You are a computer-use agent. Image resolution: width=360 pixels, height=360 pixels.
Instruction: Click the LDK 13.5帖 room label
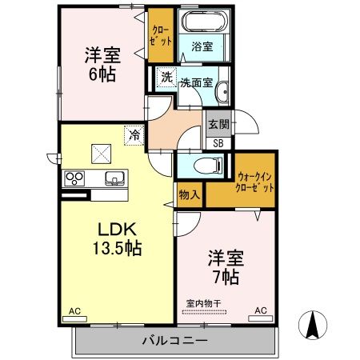click(x=115, y=238)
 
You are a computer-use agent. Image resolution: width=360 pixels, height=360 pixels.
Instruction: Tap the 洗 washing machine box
click(x=166, y=78)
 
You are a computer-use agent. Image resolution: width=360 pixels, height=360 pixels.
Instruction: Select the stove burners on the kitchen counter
click(x=74, y=178)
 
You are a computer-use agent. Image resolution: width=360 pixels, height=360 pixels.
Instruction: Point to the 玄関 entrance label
click(x=218, y=124)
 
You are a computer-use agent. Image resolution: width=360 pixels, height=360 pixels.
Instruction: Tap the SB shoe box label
click(x=218, y=143)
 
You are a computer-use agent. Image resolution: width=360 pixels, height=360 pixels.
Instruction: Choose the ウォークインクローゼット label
click(x=254, y=182)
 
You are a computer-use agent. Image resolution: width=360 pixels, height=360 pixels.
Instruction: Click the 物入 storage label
click(x=189, y=195)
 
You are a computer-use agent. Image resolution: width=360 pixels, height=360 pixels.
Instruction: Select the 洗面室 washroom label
click(x=194, y=82)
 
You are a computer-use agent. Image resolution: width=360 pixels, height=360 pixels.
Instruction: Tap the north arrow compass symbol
click(x=314, y=324)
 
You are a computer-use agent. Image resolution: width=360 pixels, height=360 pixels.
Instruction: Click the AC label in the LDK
click(x=74, y=310)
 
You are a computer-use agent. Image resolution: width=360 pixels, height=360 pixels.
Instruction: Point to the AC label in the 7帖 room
click(x=261, y=310)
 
